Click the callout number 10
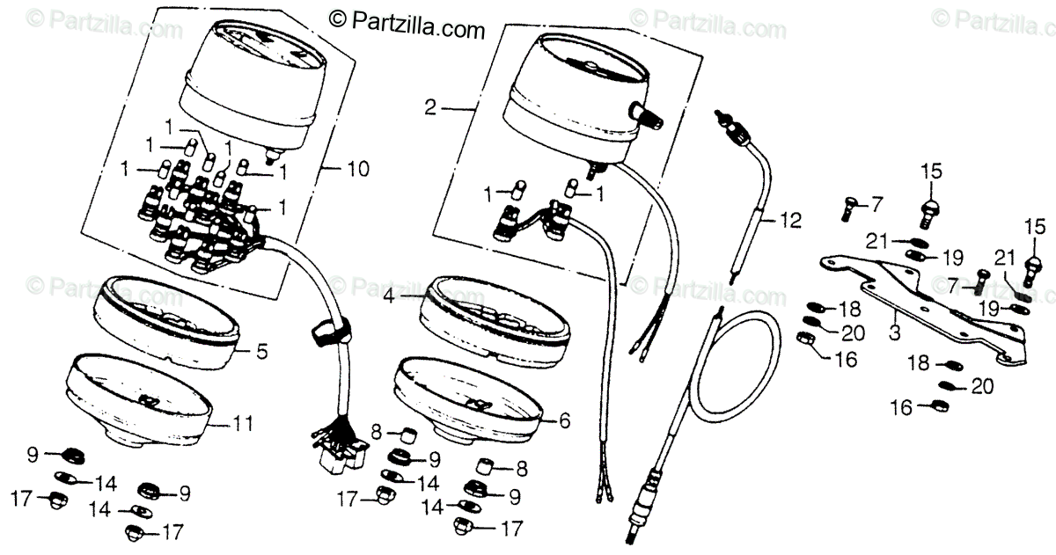tap(358, 168)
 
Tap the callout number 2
tap(430, 109)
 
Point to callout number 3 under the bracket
tap(895, 332)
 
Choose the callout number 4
tap(389, 297)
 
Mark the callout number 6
tap(564, 421)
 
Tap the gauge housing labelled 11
tap(141, 396)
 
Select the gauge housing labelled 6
tap(466, 396)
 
